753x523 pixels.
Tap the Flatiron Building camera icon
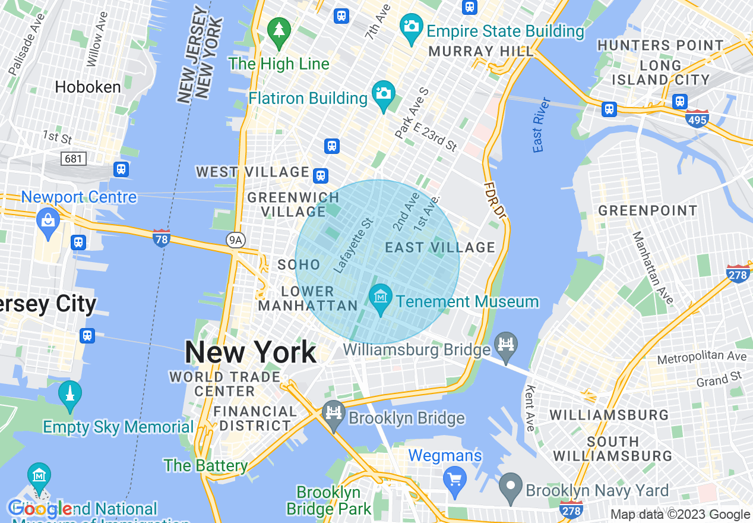[384, 94]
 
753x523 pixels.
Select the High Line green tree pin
[279, 30]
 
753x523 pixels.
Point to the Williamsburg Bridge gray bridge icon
[506, 345]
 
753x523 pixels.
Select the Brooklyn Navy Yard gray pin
[510, 486]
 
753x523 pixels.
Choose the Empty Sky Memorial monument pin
[69, 394]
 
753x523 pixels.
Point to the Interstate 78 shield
[162, 237]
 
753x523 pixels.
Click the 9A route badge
[236, 240]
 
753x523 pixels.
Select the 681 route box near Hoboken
[74, 159]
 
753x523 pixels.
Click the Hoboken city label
[88, 87]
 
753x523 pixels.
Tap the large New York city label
[251, 352]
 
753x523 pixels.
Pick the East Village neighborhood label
[440, 247]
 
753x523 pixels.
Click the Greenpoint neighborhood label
[647, 210]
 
